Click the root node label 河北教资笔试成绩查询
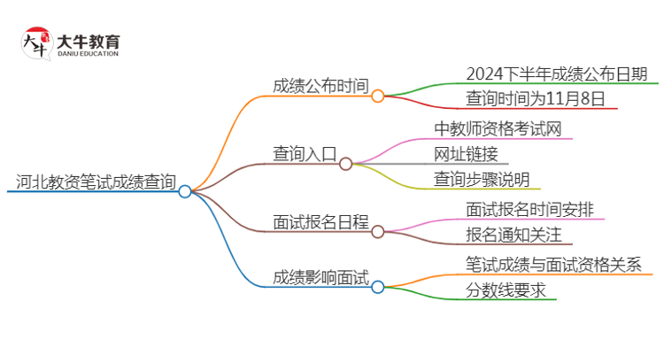point(95,182)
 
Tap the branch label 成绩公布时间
point(320,86)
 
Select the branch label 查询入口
point(305,154)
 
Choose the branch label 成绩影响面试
point(320,277)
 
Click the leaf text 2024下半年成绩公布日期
point(557,73)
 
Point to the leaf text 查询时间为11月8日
point(536,98)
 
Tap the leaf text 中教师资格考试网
point(498,129)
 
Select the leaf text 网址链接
point(467,154)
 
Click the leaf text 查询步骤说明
point(483,179)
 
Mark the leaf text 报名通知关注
point(514,235)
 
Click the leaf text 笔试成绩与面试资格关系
point(560,263)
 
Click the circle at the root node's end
point(185,191)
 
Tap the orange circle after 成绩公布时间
point(378,96)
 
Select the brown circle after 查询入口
point(346,164)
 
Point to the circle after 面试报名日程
point(378,231)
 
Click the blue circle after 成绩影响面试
point(378,287)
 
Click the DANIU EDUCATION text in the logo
point(87,53)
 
